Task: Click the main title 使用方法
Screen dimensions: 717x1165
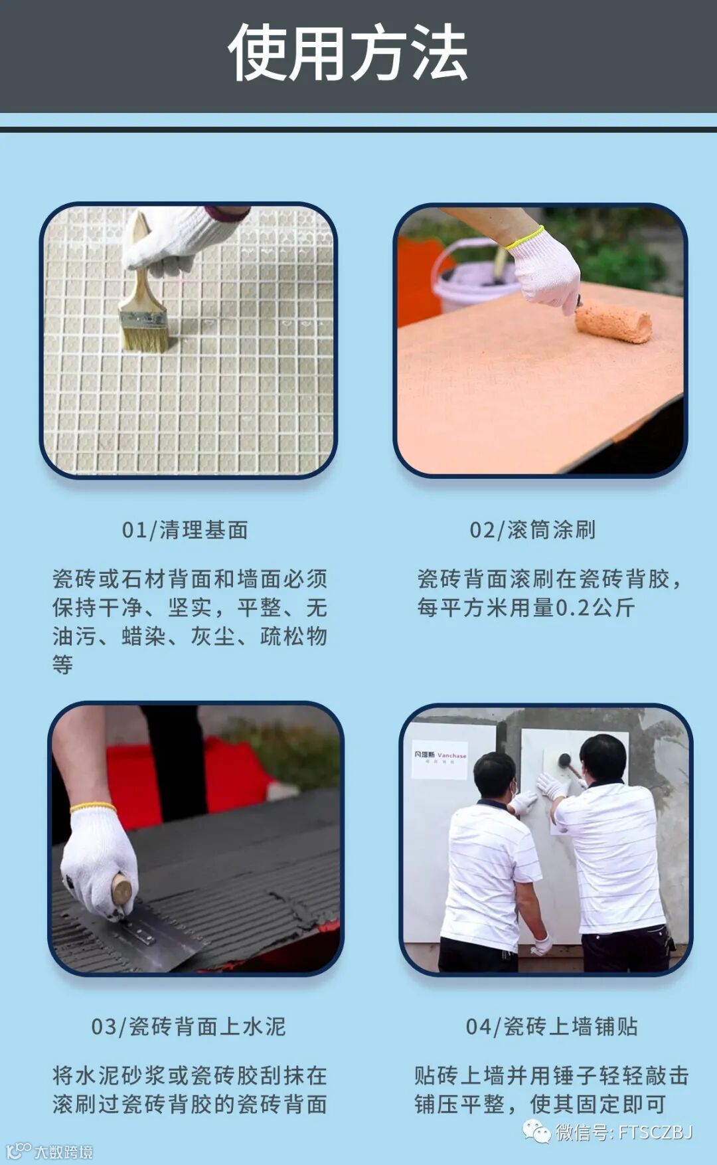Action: pyautogui.click(x=348, y=53)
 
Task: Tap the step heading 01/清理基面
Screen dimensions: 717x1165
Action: pyautogui.click(x=185, y=530)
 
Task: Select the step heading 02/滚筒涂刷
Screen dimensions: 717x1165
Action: pyautogui.click(x=533, y=530)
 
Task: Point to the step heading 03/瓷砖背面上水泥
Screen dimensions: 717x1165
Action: pyautogui.click(x=189, y=1027)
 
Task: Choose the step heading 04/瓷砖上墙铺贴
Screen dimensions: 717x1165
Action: pyautogui.click(x=552, y=1027)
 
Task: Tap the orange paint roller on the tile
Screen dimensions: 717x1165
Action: pyautogui.click(x=613, y=322)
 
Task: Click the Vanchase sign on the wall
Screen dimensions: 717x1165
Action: pyautogui.click(x=439, y=758)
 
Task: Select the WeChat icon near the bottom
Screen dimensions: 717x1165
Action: pyautogui.click(x=536, y=1131)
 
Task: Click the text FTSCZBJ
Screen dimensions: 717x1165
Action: pyautogui.click(x=656, y=1132)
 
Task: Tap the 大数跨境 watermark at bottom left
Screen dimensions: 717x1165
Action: pyautogui.click(x=50, y=1152)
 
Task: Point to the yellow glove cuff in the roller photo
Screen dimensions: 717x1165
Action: pyautogui.click(x=524, y=238)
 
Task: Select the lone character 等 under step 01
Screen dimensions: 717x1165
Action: pyautogui.click(x=63, y=665)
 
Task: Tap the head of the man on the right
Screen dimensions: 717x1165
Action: pyautogui.click(x=603, y=758)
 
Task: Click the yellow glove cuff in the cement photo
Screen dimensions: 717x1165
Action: pyautogui.click(x=93, y=808)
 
